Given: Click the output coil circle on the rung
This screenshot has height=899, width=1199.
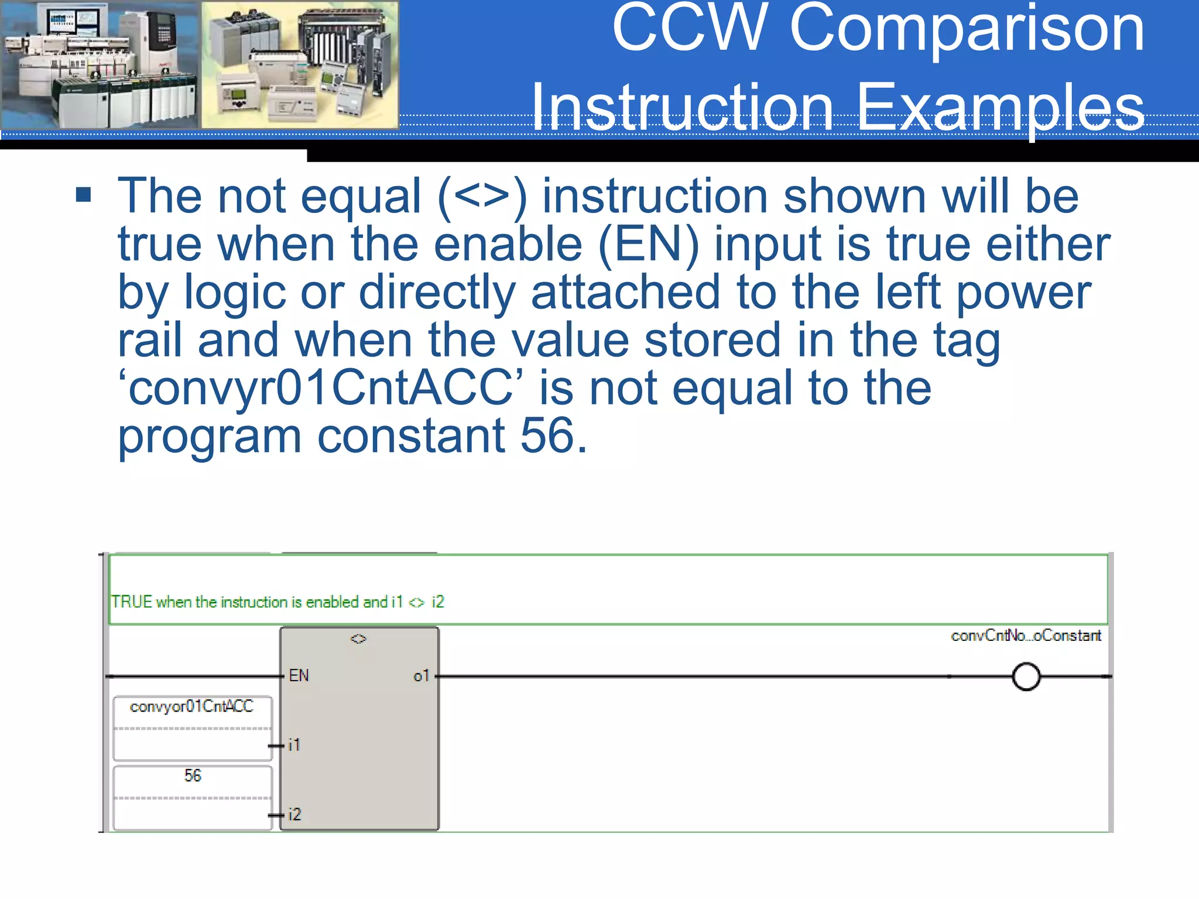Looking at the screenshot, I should [x=1026, y=677].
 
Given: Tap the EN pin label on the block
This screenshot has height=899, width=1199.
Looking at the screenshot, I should [x=299, y=675].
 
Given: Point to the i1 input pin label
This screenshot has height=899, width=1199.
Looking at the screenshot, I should [x=294, y=745].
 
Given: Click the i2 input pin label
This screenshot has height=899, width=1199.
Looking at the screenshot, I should [x=294, y=814].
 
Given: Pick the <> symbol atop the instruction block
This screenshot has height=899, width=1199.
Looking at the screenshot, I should [x=358, y=639].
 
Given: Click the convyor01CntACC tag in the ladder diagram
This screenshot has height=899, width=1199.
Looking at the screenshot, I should [x=191, y=707].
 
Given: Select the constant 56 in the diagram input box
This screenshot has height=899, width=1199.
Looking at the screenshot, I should [x=193, y=776].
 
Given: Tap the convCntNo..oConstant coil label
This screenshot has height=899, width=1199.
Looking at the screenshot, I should [x=1026, y=636].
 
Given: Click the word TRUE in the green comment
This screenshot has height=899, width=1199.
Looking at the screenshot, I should [x=132, y=602].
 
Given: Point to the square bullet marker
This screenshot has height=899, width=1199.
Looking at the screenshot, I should [x=84, y=194].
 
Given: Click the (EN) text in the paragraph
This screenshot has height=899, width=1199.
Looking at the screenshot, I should [x=648, y=244].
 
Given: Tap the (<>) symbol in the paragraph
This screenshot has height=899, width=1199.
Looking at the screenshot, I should [x=482, y=197].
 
